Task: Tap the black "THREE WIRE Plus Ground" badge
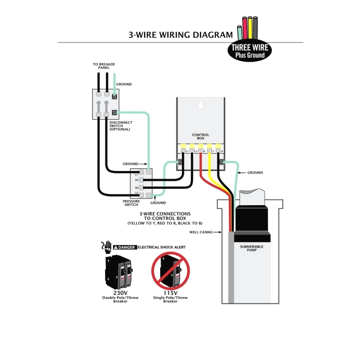[x=251, y=51]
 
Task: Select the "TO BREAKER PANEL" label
[x=104, y=66]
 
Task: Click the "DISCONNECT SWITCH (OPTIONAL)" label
[x=120, y=126]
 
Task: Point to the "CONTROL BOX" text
[x=201, y=136]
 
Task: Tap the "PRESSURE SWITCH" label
[x=131, y=203]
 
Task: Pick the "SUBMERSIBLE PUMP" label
[x=252, y=248]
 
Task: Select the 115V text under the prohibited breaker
[x=170, y=292]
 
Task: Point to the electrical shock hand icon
[x=107, y=246]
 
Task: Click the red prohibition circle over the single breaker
[x=170, y=270]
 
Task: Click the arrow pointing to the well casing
[x=219, y=232]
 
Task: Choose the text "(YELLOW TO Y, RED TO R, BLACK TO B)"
[x=165, y=224]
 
